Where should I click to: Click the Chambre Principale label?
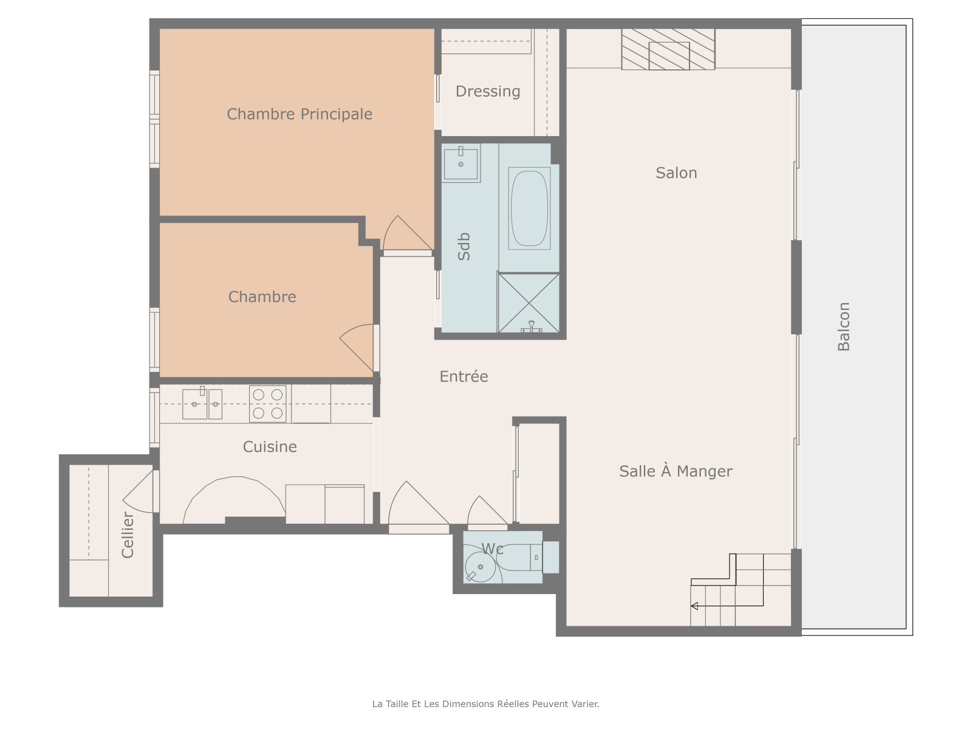(x=299, y=114)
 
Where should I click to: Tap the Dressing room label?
(x=488, y=91)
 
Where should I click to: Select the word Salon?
(x=676, y=173)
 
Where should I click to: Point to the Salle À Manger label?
(x=676, y=471)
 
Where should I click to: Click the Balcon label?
(x=844, y=327)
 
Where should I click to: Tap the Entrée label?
(x=464, y=376)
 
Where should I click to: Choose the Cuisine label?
(x=270, y=447)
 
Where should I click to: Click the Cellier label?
(x=128, y=535)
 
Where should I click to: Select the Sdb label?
(x=463, y=247)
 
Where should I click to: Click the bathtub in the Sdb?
(x=529, y=208)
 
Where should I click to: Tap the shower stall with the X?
(x=529, y=303)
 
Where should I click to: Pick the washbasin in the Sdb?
(x=460, y=163)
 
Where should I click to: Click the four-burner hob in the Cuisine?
(x=267, y=403)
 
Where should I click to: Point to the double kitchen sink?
(x=202, y=403)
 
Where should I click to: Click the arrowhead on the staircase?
(x=694, y=606)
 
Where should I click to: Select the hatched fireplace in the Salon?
(x=668, y=49)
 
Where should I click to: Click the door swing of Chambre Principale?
(x=408, y=233)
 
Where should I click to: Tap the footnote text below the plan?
(x=485, y=703)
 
